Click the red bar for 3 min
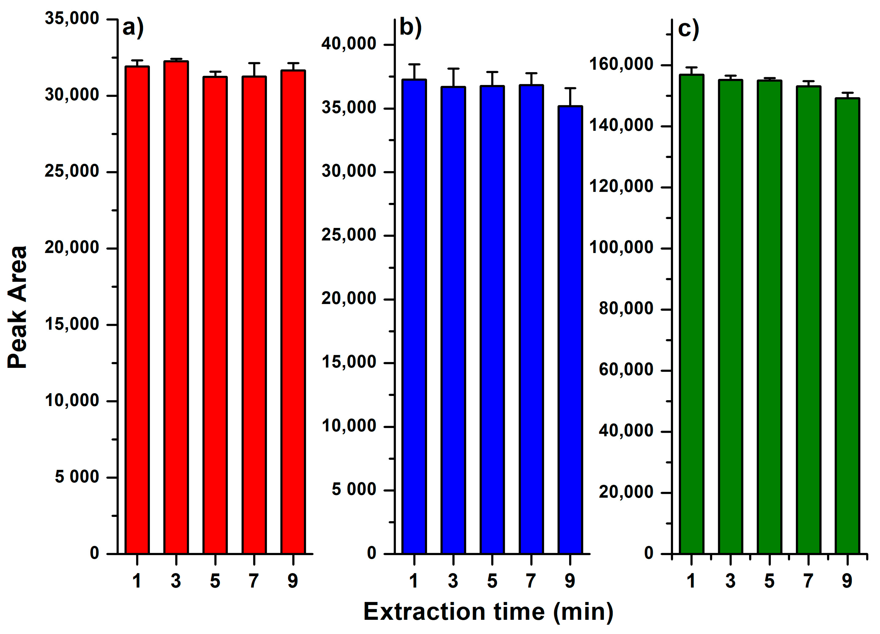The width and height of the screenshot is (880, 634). click(x=176, y=307)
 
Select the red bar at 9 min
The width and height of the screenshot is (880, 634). click(x=293, y=311)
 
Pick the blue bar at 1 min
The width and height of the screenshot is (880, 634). click(x=414, y=316)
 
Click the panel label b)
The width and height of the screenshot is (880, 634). click(x=410, y=28)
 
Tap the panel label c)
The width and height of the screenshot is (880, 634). click(x=688, y=29)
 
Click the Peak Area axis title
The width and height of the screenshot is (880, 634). click(x=18, y=307)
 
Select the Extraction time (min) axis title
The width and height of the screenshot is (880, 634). click(x=488, y=612)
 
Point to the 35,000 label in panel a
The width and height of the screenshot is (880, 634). click(x=72, y=18)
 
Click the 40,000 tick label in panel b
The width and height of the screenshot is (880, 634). click(x=348, y=43)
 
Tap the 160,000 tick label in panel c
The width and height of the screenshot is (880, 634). click(x=621, y=64)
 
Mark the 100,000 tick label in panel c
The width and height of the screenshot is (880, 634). click(x=621, y=247)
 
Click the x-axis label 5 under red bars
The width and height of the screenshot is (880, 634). click(x=215, y=581)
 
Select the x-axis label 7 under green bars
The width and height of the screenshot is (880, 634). click(x=808, y=581)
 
